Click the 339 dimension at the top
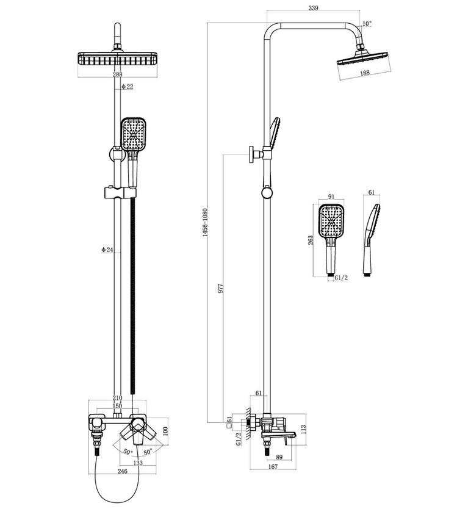point(313,7)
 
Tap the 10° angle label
point(367,24)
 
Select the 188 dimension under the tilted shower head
point(365,73)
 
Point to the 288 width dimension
point(117,74)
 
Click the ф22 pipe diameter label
point(127,87)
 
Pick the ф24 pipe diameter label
point(107,250)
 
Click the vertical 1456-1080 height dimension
point(205,223)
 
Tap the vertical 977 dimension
point(221,289)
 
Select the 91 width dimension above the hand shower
point(331,197)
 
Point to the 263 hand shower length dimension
point(310,240)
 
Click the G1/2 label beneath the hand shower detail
point(341,278)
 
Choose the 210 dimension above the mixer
point(117,397)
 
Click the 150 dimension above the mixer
point(117,406)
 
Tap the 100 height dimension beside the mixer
point(166,431)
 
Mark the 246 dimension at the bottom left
point(122,472)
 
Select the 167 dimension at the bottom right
point(273,467)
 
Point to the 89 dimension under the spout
point(279,457)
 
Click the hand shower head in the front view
point(133,134)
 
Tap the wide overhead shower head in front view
point(117,59)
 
